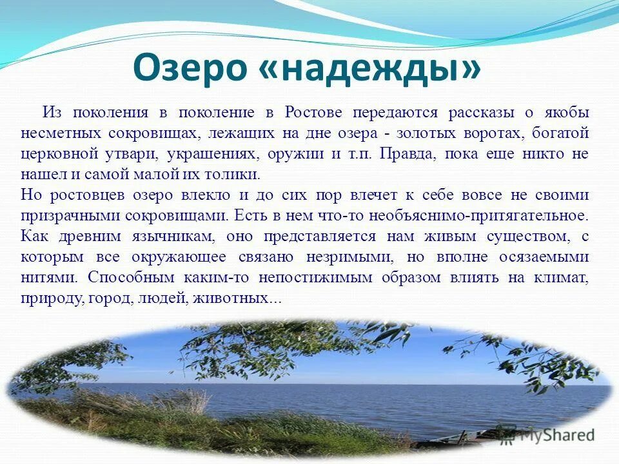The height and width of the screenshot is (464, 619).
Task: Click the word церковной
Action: pos(60,154)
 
